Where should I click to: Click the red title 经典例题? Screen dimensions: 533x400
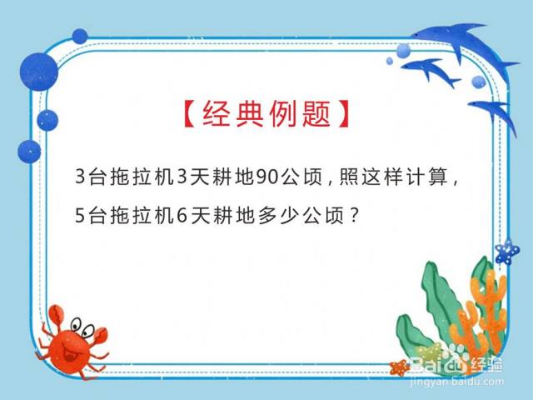click(x=266, y=114)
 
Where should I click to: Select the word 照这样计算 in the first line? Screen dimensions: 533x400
click(x=393, y=177)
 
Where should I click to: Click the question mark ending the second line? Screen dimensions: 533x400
click(x=354, y=215)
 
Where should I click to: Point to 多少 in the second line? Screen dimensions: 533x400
click(x=278, y=216)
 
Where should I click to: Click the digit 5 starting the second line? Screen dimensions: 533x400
click(x=80, y=216)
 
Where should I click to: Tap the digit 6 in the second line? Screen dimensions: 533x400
click(x=182, y=216)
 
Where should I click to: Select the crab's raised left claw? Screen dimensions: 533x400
click(x=56, y=316)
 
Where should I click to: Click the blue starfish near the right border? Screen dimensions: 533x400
click(x=507, y=252)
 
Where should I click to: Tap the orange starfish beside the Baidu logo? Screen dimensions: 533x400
click(x=400, y=367)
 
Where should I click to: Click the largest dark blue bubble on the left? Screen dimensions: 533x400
click(x=39, y=72)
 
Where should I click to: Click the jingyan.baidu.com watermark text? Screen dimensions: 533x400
click(x=456, y=382)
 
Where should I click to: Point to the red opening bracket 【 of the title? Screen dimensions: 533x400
click(x=190, y=114)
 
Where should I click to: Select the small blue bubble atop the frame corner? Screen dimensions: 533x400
click(x=80, y=37)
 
